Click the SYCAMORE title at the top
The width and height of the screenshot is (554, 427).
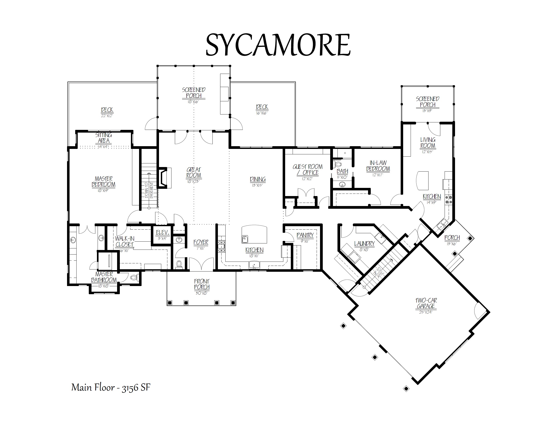click(x=278, y=45)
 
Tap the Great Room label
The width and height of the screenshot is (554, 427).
click(x=194, y=172)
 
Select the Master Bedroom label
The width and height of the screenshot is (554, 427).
click(x=104, y=182)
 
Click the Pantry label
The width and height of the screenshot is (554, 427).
click(x=305, y=235)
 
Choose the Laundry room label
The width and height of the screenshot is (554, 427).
click(x=364, y=243)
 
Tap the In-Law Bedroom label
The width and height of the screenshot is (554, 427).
click(x=378, y=166)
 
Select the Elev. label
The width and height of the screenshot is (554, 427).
click(x=162, y=232)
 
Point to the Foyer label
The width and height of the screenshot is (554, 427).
click(x=201, y=242)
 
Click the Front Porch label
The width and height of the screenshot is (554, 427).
click(x=202, y=284)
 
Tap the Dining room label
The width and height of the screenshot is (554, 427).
click(x=258, y=179)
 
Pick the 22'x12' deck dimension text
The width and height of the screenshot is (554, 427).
click(x=107, y=116)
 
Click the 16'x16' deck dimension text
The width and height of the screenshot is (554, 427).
click(x=262, y=113)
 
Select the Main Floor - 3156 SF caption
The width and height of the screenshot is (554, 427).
click(x=111, y=387)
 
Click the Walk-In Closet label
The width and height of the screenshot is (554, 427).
click(x=125, y=241)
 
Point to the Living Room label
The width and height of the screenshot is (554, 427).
click(x=428, y=143)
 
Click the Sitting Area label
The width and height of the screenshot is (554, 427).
click(x=104, y=138)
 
